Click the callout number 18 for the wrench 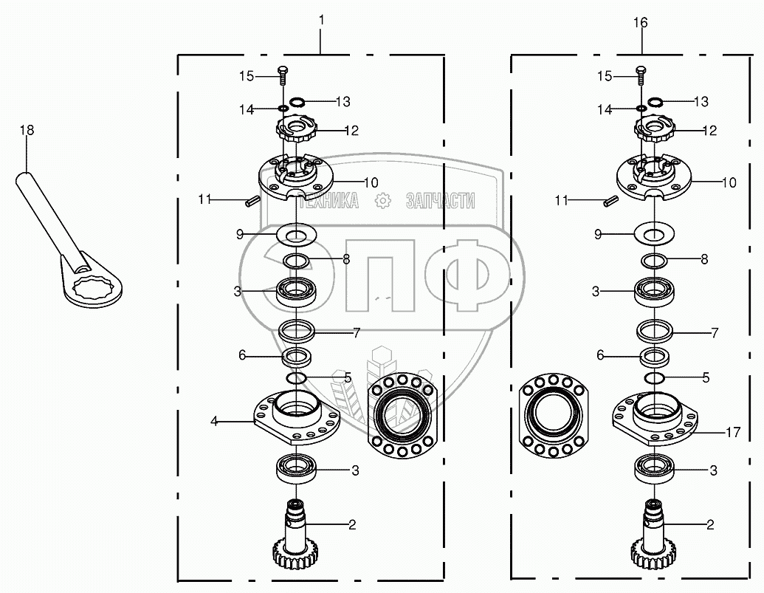coord(27,130)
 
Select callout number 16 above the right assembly coord(640,23)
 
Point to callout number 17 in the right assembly coord(732,432)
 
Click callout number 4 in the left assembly coord(214,421)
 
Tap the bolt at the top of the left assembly coord(283,74)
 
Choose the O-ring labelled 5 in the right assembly coord(654,378)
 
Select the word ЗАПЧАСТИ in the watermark coord(440,200)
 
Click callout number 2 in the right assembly coord(710,525)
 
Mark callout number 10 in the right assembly coord(729,182)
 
